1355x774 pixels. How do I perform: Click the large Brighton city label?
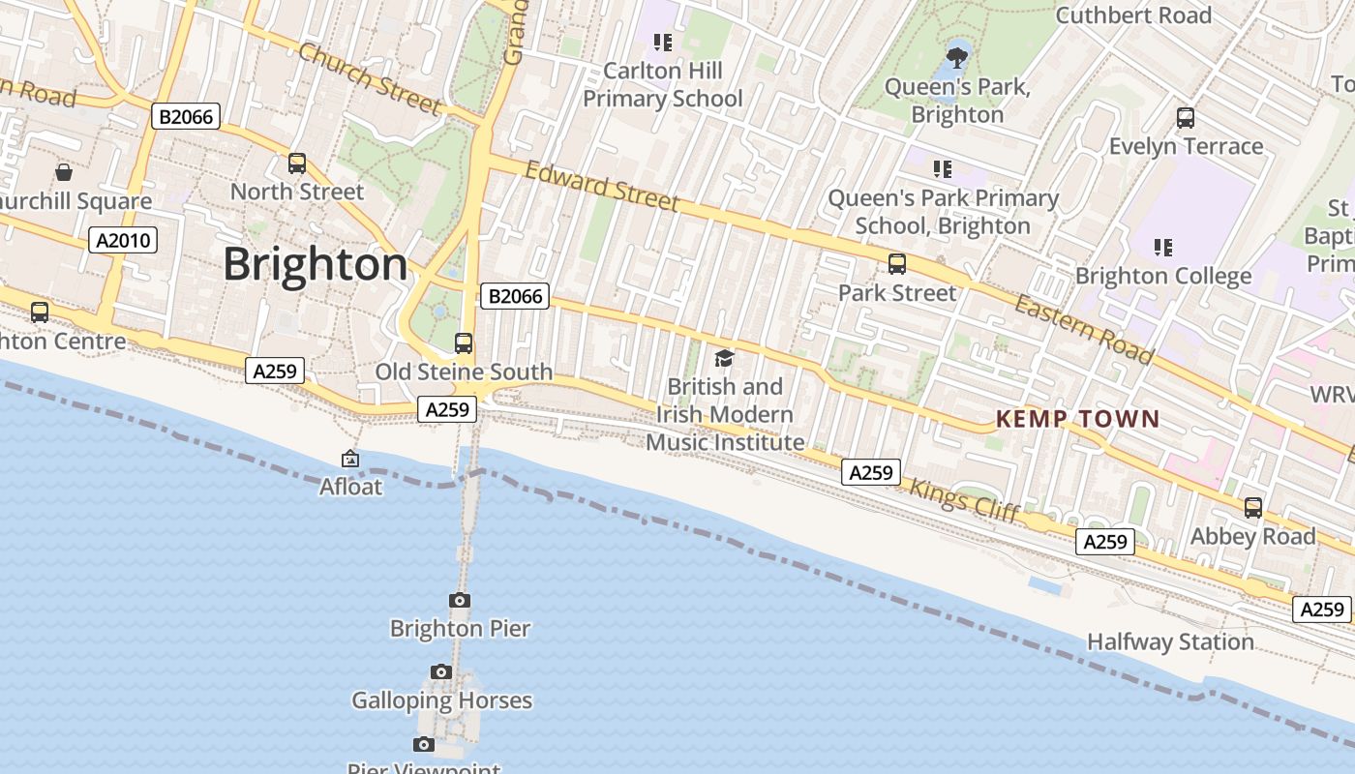click(316, 264)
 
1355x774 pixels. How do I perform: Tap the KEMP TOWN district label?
click(1077, 419)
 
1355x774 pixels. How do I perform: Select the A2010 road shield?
click(123, 240)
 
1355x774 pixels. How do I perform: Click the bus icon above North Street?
click(297, 164)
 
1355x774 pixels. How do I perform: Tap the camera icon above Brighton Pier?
click(460, 601)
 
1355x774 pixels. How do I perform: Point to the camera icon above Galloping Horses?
click(441, 672)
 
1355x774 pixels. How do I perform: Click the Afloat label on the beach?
click(351, 487)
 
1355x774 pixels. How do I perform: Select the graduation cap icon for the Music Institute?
click(725, 359)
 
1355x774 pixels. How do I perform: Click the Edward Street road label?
click(602, 186)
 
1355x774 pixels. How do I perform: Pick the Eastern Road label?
click(1084, 330)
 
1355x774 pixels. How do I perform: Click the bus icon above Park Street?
click(897, 264)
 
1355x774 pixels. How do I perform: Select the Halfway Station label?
click(1170, 641)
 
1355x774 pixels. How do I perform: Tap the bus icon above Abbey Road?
click(1253, 508)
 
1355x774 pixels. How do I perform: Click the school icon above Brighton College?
click(1163, 248)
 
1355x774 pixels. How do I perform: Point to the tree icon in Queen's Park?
click(957, 57)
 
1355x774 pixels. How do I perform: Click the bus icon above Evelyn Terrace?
click(1186, 118)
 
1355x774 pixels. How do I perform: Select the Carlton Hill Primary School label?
click(663, 84)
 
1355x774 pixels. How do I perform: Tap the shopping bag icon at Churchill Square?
click(64, 172)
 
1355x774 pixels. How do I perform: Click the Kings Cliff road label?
click(964, 500)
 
